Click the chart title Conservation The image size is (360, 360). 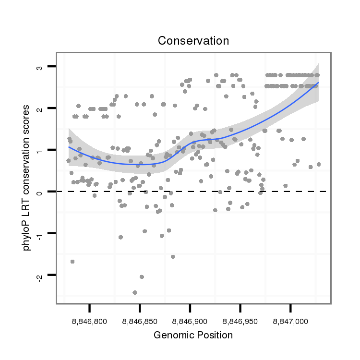[x=193, y=41]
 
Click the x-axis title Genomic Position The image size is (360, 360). [x=193, y=335]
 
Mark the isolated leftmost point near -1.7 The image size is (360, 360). [x=72, y=261]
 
